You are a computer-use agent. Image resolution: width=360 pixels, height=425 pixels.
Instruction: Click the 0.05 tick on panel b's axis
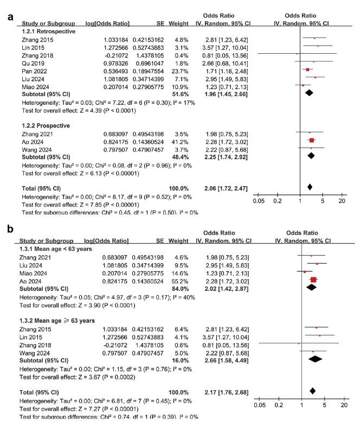260,405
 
